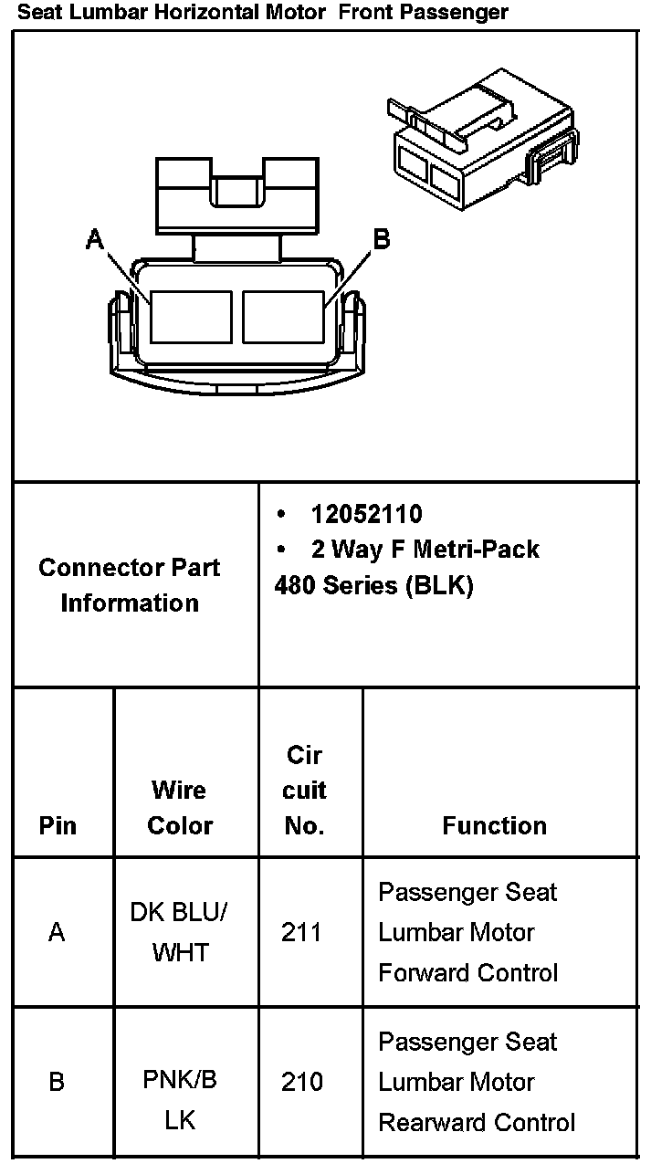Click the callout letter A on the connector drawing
pos(95,239)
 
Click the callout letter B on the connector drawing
pos(382,239)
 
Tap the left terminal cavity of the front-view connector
pos(191,317)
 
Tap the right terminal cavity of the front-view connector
pos(283,317)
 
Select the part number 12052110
pos(366,514)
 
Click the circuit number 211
pos(302,932)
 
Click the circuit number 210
pos(302,1082)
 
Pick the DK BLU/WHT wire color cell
pos(180,932)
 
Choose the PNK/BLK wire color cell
pos(180,1099)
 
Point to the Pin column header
pos(58,826)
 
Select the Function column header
pos(494,826)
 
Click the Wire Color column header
pos(180,808)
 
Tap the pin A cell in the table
pos(58,932)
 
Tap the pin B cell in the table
pos(58,1082)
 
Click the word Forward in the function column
pos(418,973)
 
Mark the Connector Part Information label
pos(130,585)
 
